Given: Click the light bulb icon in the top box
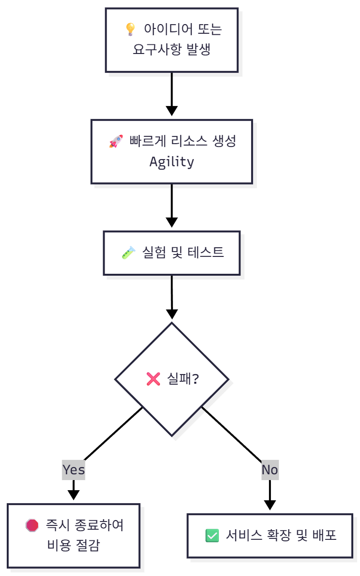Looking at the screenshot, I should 130,29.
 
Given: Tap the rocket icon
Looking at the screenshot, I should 116,142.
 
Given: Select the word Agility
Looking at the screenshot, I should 172,161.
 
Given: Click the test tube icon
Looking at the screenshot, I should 129,252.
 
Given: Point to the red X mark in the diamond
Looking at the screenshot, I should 153,379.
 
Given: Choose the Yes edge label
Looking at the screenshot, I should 73,469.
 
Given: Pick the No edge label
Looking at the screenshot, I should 270,469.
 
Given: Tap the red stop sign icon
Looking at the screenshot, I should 32,525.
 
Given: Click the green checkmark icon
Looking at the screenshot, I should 212,536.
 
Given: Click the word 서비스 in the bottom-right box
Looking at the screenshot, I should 244,536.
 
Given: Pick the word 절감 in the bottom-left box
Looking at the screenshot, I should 88,545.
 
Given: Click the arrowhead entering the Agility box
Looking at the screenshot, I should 172,111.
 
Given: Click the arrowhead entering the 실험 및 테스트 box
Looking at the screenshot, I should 172,222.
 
